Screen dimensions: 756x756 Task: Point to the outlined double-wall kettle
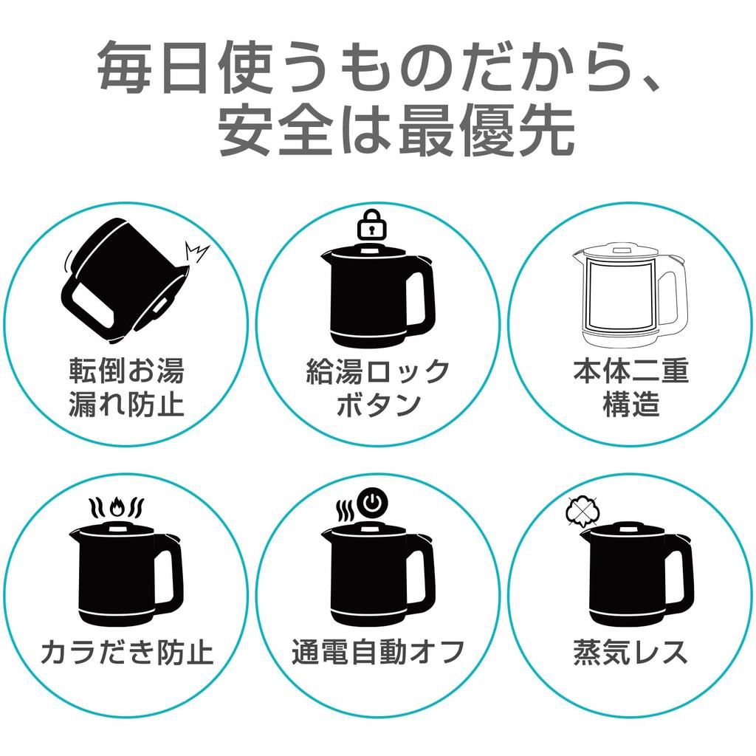[629, 295]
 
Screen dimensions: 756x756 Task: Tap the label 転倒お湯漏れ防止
[126, 388]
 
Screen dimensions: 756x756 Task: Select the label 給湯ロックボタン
[378, 388]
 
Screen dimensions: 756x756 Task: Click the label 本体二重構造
[630, 388]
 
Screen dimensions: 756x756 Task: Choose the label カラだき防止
[126, 652]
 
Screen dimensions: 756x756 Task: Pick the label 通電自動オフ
[378, 652]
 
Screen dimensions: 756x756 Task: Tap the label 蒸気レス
[630, 652]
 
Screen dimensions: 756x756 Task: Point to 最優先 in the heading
[487, 131]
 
